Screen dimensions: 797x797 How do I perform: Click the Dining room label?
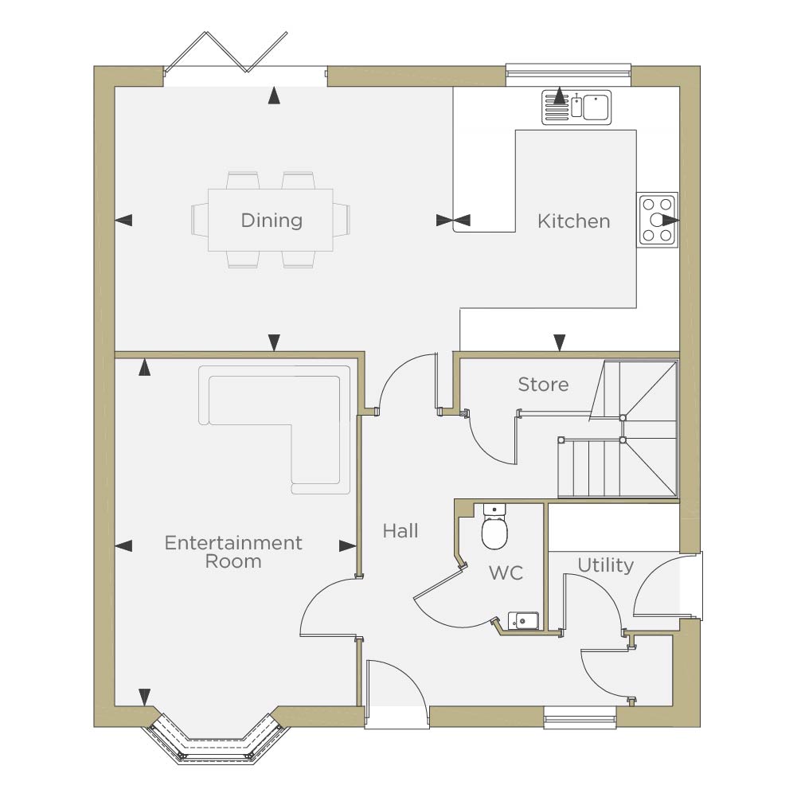(272, 221)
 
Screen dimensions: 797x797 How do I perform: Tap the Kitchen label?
(573, 221)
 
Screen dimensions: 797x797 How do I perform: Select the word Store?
(543, 385)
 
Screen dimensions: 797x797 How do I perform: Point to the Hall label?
(400, 531)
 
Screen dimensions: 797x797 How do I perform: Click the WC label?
(506, 572)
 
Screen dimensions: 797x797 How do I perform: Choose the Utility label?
(605, 565)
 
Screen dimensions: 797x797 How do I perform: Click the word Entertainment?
(233, 543)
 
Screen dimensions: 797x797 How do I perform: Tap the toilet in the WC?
(494, 527)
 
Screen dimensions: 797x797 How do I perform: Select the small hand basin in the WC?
(524, 620)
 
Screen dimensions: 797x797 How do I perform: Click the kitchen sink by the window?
(576, 107)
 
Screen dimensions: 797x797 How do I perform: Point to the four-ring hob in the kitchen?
(657, 220)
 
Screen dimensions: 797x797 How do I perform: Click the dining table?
(271, 220)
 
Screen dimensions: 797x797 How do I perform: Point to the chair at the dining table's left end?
(200, 220)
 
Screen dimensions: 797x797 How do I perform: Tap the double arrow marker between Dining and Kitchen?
(453, 220)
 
